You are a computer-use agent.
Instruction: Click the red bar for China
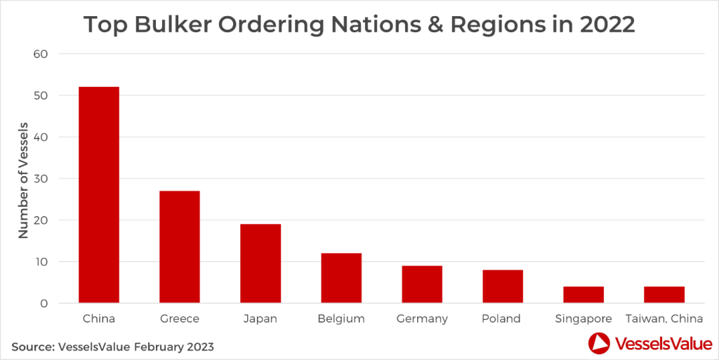[98, 195]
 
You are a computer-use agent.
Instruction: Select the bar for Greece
[179, 247]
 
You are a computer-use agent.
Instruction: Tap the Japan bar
[260, 264]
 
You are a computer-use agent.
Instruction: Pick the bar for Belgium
[341, 278]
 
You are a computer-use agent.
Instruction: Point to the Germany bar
[422, 284]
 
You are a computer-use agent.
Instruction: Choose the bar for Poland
[503, 286]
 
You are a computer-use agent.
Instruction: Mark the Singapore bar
[583, 295]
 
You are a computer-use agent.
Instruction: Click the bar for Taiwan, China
[664, 295]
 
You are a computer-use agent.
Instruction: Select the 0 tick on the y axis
[44, 304]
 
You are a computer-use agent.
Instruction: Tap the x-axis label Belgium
[341, 319]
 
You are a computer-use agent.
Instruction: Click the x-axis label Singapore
[583, 319]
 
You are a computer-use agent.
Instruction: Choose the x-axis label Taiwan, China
[664, 319]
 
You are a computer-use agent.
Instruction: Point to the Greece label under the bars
[179, 319]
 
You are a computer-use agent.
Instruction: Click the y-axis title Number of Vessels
[23, 179]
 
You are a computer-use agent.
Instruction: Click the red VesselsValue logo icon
[599, 344]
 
